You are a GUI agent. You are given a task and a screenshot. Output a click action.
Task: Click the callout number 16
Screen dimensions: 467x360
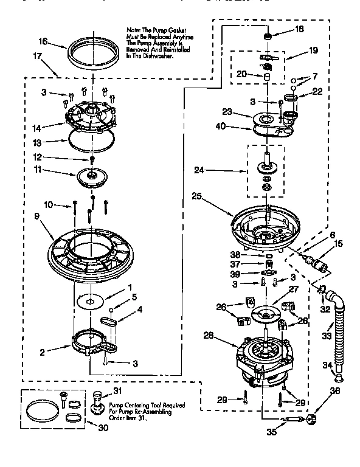point(42,42)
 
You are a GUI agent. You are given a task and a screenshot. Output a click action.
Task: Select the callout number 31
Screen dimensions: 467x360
point(117,391)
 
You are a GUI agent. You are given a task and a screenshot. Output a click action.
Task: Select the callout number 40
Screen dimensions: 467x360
point(221,126)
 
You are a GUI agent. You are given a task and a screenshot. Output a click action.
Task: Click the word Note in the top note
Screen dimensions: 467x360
point(133,29)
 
